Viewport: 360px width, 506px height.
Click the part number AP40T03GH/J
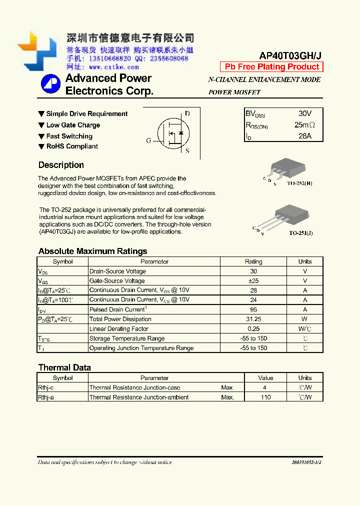(290, 56)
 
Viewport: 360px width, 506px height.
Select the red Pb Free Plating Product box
(271, 67)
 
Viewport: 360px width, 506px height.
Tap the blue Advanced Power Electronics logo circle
(50, 84)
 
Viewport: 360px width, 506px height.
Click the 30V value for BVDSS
(304, 113)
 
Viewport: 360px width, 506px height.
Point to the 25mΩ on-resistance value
(304, 124)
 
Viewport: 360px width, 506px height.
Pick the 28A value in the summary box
(304, 135)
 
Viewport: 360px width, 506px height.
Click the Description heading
(61, 165)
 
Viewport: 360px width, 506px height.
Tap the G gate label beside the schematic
(148, 140)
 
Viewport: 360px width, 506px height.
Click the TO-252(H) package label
(299, 184)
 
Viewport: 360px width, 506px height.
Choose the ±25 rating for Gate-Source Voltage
(253, 281)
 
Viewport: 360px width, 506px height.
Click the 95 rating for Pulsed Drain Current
(253, 309)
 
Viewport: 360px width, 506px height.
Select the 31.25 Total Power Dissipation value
(253, 319)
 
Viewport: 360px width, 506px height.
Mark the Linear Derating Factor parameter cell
(119, 329)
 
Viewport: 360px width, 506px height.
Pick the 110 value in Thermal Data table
(265, 397)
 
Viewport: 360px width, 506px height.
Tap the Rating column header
(253, 261)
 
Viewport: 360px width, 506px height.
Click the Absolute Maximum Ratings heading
(92, 251)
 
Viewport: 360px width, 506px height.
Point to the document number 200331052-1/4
(306, 462)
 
